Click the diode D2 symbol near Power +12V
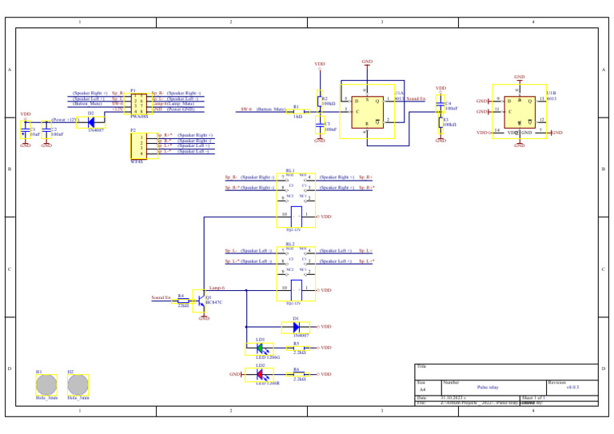pyautogui.click(x=91, y=121)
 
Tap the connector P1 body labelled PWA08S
pyautogui.click(x=138, y=104)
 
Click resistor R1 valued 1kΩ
pyautogui.click(x=297, y=110)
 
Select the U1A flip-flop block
pyautogui.click(x=367, y=110)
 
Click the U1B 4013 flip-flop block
pyautogui.click(x=519, y=111)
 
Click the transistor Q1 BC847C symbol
pyautogui.click(x=200, y=301)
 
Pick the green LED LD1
pyautogui.click(x=260, y=348)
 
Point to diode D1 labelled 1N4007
pyautogui.click(x=296, y=327)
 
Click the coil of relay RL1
pyautogui.click(x=296, y=216)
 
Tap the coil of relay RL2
pyautogui.click(x=296, y=289)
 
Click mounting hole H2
pyautogui.click(x=78, y=384)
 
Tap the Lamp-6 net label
pyautogui.click(x=217, y=287)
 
